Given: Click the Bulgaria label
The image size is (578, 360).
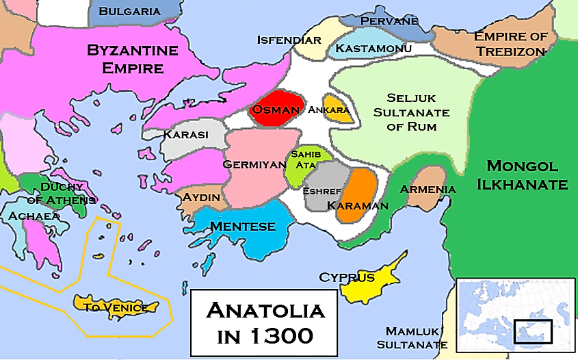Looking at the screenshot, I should pos(130,11).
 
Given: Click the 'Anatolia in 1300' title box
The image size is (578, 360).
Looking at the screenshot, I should pos(264,324).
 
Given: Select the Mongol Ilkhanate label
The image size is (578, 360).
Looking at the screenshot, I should pos(527,175).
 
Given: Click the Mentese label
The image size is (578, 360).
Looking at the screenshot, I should pos(243,227).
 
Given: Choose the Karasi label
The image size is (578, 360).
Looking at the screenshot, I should pos(185,135).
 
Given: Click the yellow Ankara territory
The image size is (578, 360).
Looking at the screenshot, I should pos(339,110).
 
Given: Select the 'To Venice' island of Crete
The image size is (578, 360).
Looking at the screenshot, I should pos(116,307).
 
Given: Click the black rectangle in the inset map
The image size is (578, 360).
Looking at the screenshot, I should pos(533,331).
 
